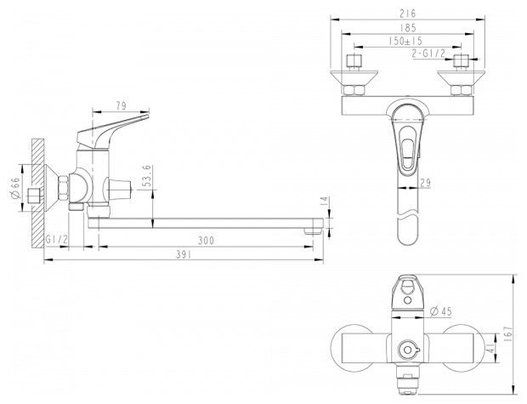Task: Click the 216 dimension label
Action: pos(408,14)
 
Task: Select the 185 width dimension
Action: pos(408,27)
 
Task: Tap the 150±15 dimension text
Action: pos(405,41)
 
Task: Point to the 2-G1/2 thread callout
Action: pos(428,53)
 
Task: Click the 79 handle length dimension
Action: pos(122,105)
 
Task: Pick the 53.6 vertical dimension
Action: pos(146,177)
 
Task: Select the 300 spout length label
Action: pos(206,241)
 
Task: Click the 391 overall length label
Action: pos(184,254)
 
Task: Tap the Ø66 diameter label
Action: pos(16,188)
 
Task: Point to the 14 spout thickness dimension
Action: pos(325,201)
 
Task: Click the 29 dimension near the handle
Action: pos(425,183)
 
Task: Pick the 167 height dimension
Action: pos(507,332)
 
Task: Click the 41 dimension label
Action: pos(491,348)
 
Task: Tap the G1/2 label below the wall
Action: pos(57,240)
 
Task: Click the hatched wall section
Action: pos(38,194)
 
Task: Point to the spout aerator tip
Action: pos(313,231)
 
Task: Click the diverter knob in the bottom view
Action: pos(408,350)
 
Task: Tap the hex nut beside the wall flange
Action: pos(64,189)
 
